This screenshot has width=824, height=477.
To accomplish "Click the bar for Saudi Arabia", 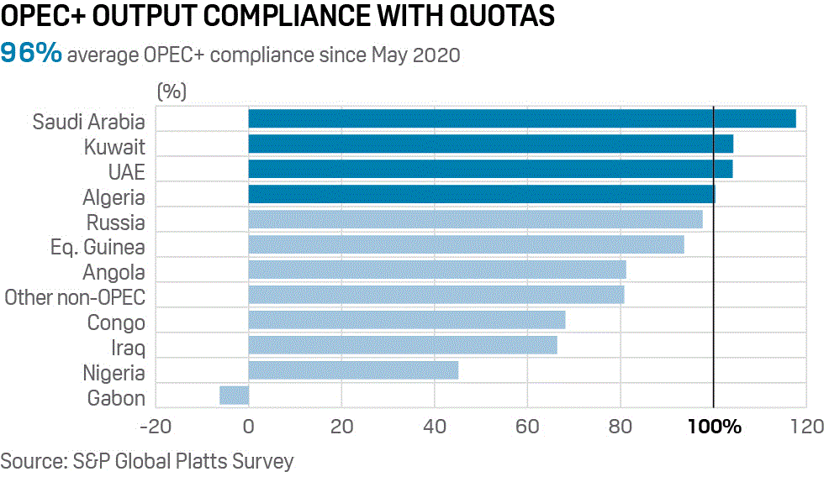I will [x=521, y=118].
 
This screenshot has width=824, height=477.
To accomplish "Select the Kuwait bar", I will [x=490, y=144].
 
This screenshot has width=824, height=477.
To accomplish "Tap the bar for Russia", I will [x=475, y=219].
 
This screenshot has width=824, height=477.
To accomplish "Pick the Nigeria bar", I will [x=353, y=370].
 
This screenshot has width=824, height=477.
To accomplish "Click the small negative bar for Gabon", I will [x=234, y=395].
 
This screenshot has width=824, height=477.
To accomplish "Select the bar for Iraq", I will [x=402, y=345].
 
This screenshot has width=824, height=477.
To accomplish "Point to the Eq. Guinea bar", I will [x=466, y=244].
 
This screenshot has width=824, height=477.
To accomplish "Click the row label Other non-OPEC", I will [x=75, y=297].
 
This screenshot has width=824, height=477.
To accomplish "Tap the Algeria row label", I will [x=114, y=198].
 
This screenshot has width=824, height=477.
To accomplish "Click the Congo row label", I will [x=116, y=323].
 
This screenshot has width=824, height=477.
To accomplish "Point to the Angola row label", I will [x=114, y=273].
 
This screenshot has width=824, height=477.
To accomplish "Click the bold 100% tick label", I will [x=714, y=427].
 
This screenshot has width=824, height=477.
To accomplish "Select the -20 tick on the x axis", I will [x=156, y=427].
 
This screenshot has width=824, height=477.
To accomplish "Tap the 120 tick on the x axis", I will [x=806, y=427].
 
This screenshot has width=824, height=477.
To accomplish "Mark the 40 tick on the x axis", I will [x=435, y=427].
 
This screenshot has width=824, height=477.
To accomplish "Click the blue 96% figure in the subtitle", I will [x=31, y=54].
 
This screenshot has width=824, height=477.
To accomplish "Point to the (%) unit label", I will [x=172, y=90].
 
